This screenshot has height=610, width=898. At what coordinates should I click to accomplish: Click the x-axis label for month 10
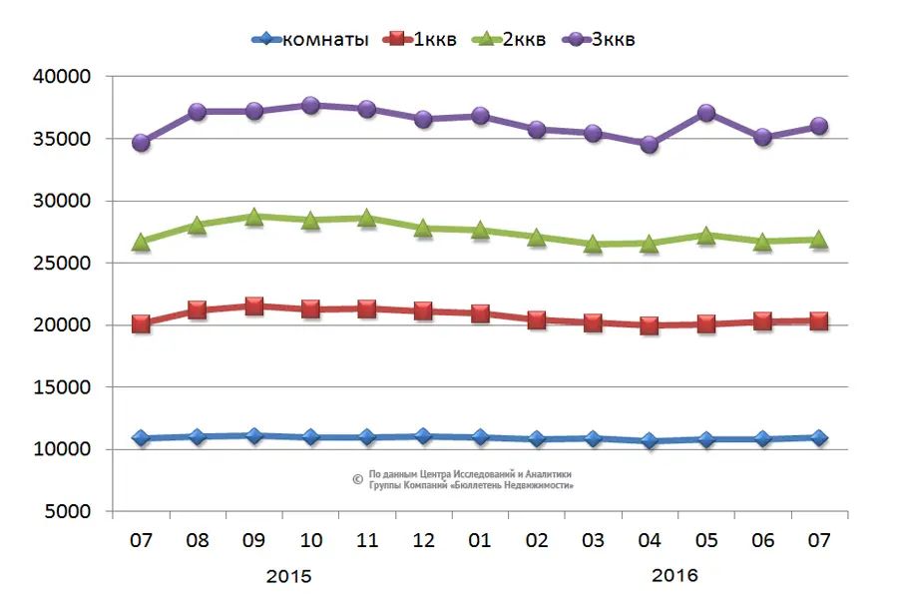[x=310, y=540]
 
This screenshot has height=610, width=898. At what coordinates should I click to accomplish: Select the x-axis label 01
[x=480, y=540]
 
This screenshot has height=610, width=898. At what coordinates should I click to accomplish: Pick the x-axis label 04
[x=650, y=540]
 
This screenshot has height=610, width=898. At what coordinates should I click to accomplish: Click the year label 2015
[x=289, y=576]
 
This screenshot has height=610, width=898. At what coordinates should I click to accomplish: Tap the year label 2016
[x=674, y=576]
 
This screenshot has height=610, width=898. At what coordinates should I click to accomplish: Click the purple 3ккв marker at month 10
[x=310, y=105]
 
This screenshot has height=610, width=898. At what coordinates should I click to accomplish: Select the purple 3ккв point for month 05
[x=706, y=113]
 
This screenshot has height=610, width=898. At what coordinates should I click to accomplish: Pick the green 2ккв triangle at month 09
[x=253, y=217]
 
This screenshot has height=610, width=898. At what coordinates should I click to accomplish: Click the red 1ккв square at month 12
[x=423, y=310]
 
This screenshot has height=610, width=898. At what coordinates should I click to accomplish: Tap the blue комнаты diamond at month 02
[x=537, y=439]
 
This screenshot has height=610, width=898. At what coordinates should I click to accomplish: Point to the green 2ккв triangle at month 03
[x=593, y=244]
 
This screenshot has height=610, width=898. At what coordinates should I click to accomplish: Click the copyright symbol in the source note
[x=357, y=479]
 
